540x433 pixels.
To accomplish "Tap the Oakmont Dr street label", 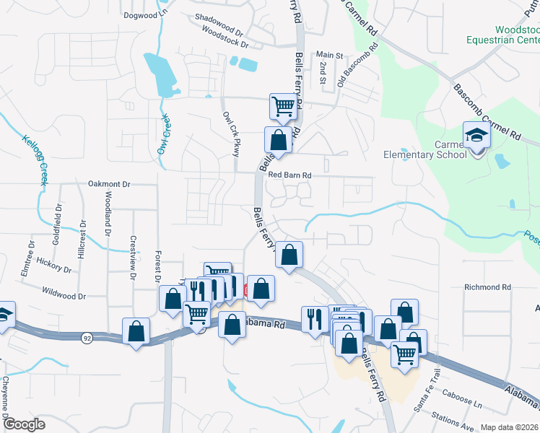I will coord(108,184).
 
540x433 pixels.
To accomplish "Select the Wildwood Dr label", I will coord(64,296).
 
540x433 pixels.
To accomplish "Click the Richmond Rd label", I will coord(487,287).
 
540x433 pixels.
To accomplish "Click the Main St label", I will coord(329,55).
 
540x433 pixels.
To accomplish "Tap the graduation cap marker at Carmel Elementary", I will coord(476,136).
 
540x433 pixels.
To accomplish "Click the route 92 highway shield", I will coord(66,336).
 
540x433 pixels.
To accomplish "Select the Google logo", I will coord(23,424).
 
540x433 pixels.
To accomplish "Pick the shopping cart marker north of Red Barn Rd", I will coord(283,107).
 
